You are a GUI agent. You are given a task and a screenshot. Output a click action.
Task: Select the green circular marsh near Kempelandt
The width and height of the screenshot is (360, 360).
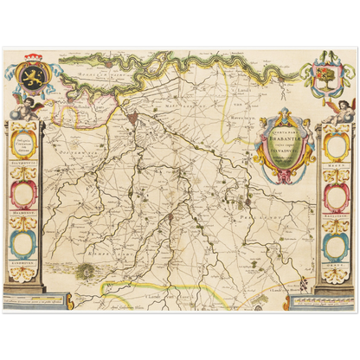[x=89, y=272]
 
